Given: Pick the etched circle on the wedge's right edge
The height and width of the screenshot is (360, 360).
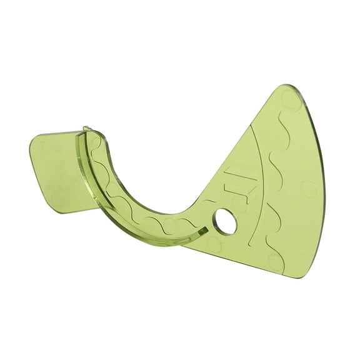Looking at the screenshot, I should [307, 187].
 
